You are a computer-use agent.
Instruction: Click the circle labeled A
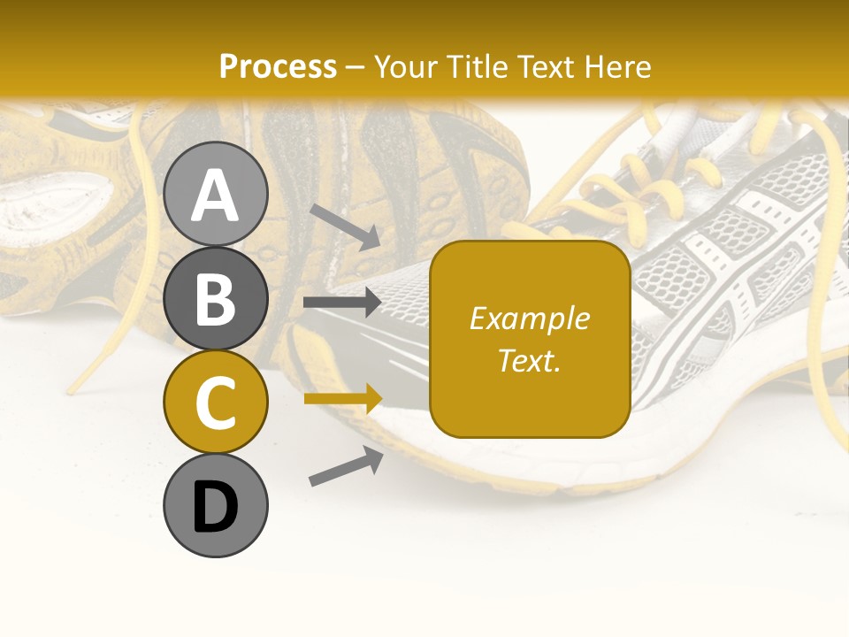click(216, 195)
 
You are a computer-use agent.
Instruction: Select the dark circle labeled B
click(216, 299)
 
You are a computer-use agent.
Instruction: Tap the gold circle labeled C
click(216, 402)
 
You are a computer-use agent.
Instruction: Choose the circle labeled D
click(216, 506)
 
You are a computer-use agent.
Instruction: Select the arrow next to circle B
click(342, 303)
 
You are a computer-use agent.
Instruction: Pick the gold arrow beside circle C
click(342, 399)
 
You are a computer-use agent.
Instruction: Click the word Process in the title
click(278, 67)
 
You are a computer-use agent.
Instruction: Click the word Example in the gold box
click(530, 318)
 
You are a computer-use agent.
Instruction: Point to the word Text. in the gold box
click(530, 361)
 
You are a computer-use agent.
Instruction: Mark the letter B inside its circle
click(216, 299)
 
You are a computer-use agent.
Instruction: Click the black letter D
click(216, 507)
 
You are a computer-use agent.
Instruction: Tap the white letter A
click(216, 195)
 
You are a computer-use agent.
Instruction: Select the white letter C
click(216, 403)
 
